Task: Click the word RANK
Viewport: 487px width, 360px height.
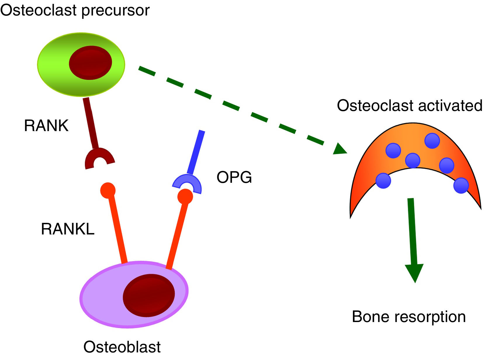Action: coord(46,126)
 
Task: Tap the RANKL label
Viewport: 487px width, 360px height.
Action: coord(67,229)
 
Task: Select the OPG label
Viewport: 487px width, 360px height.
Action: coord(234,177)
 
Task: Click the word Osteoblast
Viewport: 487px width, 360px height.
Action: coord(122,347)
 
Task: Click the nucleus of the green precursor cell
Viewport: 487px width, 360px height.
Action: coord(91,63)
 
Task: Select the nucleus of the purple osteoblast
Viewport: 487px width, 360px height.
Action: coord(149,295)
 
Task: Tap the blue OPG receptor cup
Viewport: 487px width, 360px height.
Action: coord(187,184)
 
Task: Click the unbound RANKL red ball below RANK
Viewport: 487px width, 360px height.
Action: coord(108,190)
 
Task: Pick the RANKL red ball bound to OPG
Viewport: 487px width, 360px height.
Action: coord(185,196)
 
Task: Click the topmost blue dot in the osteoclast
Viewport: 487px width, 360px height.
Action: coord(432,141)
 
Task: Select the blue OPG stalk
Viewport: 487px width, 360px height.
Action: coord(196,152)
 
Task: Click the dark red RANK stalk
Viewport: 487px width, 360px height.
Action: coord(91,123)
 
